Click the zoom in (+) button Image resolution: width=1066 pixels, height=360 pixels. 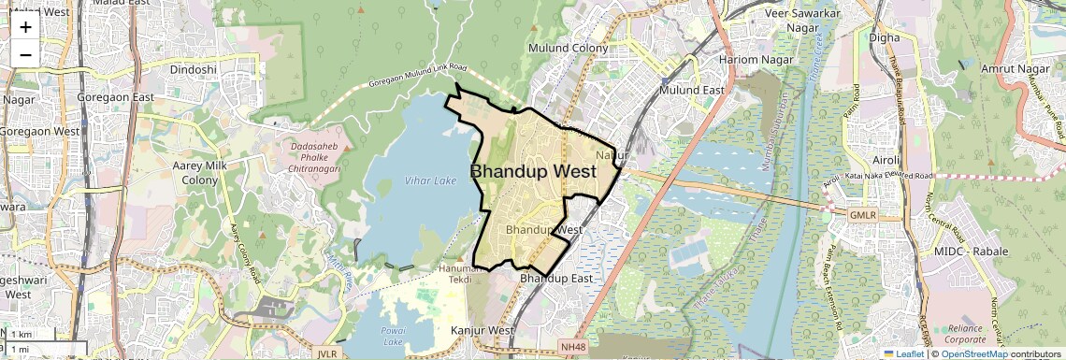click(25, 26)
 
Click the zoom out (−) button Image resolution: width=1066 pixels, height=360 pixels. click(25, 53)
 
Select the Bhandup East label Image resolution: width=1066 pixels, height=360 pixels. click(556, 279)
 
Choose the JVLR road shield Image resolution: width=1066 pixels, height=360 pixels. click(327, 354)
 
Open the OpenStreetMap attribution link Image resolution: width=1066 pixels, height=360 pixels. click(974, 353)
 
